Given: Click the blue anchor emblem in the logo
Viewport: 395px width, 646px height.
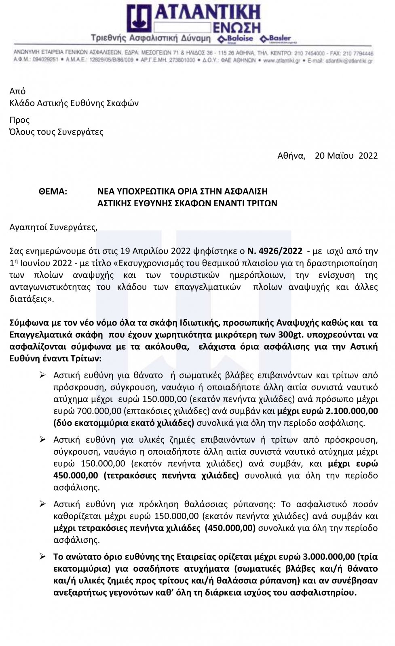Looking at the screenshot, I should point(139,19).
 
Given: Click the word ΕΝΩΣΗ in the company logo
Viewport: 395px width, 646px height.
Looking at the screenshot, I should point(236,27).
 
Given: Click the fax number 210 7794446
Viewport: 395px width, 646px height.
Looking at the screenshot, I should point(357,53).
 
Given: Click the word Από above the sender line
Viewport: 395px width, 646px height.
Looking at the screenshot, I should point(17,91).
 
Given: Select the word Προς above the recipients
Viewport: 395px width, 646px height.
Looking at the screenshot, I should point(19,120).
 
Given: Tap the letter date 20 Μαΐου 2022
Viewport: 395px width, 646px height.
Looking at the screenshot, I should point(346,156).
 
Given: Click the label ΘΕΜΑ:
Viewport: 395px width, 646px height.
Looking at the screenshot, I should point(53,191).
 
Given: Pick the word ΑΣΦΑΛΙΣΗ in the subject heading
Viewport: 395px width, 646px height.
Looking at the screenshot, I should point(247,191).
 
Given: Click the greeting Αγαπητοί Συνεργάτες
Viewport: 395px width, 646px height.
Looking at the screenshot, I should point(53,227).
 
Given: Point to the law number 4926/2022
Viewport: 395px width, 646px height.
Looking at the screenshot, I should point(280,251).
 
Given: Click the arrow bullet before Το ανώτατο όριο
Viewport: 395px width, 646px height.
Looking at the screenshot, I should point(42,557).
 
